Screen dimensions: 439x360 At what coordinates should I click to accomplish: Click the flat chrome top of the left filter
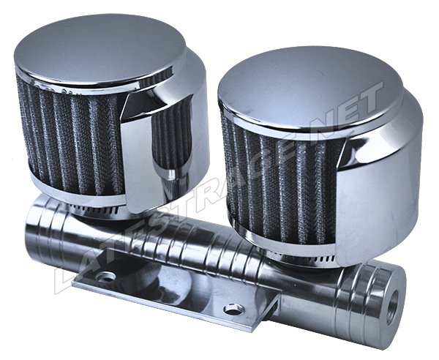(100, 48)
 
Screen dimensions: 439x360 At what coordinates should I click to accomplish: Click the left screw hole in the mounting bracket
(105, 277)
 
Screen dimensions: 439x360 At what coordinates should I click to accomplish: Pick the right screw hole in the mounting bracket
(234, 309)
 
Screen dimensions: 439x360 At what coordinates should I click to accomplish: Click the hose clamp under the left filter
(92, 209)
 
